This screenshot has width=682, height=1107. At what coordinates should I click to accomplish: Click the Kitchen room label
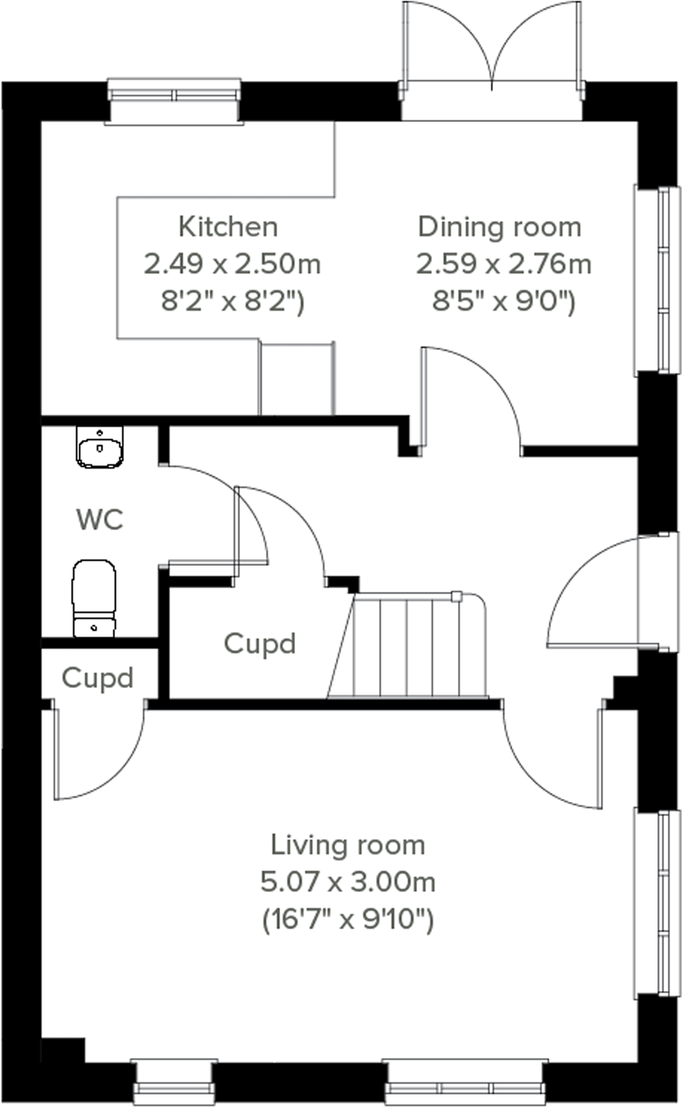(x=228, y=227)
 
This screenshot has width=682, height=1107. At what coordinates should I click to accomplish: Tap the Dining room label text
(x=499, y=227)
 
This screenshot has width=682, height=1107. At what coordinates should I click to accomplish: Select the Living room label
(x=348, y=844)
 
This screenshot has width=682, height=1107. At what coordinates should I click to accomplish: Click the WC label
(x=100, y=520)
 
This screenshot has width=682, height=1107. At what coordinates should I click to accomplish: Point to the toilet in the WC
(x=94, y=597)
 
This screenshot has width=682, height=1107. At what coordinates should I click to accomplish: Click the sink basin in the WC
(x=99, y=447)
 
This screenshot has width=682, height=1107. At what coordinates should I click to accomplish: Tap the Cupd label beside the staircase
(x=260, y=644)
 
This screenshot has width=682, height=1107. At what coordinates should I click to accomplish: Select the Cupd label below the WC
(x=98, y=678)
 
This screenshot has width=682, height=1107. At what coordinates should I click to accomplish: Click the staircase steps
(x=407, y=646)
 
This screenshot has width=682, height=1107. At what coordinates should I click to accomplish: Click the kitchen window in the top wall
(x=173, y=96)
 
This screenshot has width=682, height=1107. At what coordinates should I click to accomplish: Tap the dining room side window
(x=659, y=280)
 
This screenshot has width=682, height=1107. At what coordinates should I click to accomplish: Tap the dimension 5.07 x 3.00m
(x=348, y=882)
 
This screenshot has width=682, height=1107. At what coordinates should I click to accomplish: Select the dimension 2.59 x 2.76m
(x=504, y=264)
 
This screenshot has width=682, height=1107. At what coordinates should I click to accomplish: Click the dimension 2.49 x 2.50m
(x=232, y=264)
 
